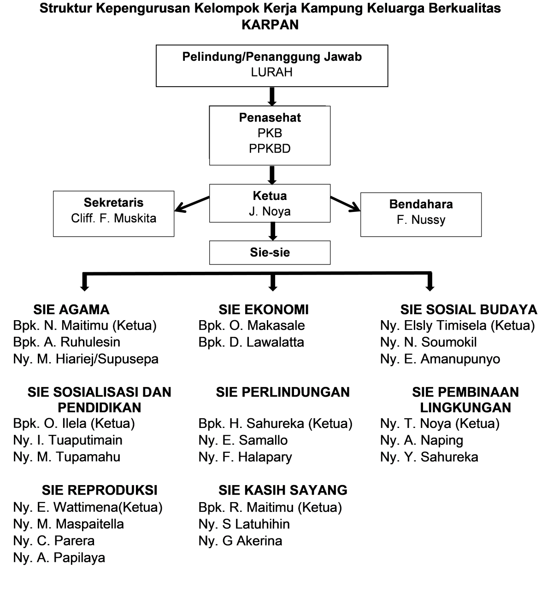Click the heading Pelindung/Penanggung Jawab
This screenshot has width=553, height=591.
pos(272,57)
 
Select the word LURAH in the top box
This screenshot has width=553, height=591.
pos(272,72)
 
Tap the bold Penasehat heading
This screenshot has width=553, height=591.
pos(270,117)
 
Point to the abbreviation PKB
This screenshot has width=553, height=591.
pos(270,133)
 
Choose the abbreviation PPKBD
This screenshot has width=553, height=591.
pos(270,149)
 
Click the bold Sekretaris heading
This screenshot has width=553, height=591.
pos(113,202)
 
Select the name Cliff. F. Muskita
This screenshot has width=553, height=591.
pos(113,218)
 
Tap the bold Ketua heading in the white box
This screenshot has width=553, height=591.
pos(270,196)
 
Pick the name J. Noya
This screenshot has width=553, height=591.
pos(270,211)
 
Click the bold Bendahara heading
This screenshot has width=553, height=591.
pos(421,204)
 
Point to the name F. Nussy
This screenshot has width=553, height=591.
pos(421,220)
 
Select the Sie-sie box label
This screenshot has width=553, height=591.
pos(270,252)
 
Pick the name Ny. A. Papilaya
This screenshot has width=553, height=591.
pos(60,558)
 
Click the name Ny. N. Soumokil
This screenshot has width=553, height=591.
pos(429,342)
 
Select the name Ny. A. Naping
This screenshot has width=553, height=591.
pos(422,440)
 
